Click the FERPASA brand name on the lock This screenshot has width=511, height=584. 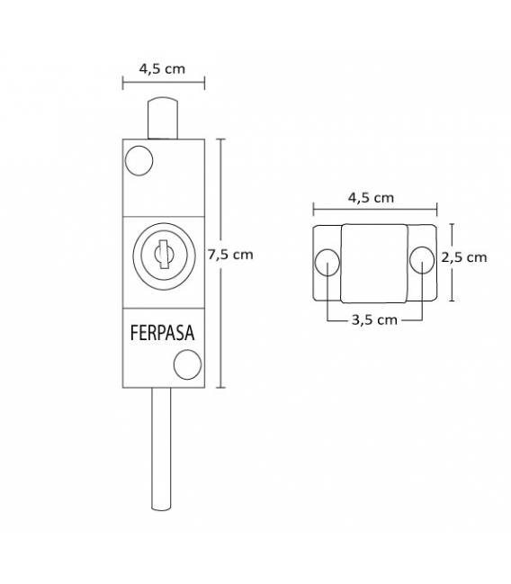click(163, 333)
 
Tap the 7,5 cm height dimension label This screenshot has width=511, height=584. click(231, 255)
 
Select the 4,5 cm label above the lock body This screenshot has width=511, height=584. click(162, 67)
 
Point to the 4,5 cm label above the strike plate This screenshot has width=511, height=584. click(371, 196)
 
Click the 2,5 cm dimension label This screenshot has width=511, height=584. click(465, 256)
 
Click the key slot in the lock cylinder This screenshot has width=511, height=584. click(163, 255)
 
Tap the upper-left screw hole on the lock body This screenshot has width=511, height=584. click(139, 160)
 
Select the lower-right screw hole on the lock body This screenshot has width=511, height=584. click(187, 365)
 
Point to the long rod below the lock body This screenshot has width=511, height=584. click(162, 445)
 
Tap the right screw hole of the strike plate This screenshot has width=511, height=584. click(420, 260)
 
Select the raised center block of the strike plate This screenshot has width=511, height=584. click(373, 262)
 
